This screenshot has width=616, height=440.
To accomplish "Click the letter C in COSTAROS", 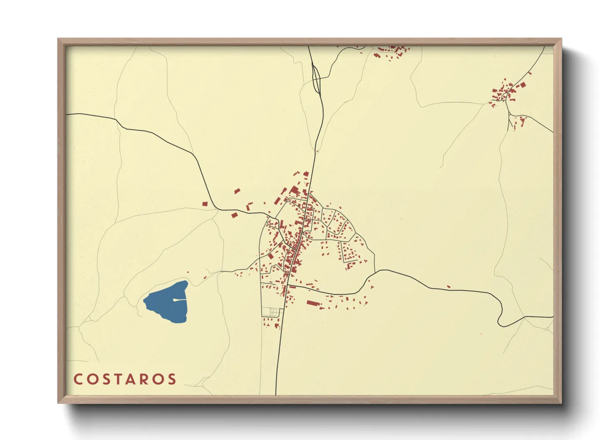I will pos(78,379).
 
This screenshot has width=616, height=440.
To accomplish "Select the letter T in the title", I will pos(124,379).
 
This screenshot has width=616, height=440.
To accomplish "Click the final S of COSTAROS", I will pos(172,379).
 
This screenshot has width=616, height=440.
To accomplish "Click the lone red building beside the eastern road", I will pos(448,287).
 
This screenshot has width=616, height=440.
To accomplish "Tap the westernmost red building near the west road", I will pos(205,204).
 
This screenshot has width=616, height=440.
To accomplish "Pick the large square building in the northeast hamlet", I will pos(523,85).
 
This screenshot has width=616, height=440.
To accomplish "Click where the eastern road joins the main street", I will pos(287,286).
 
